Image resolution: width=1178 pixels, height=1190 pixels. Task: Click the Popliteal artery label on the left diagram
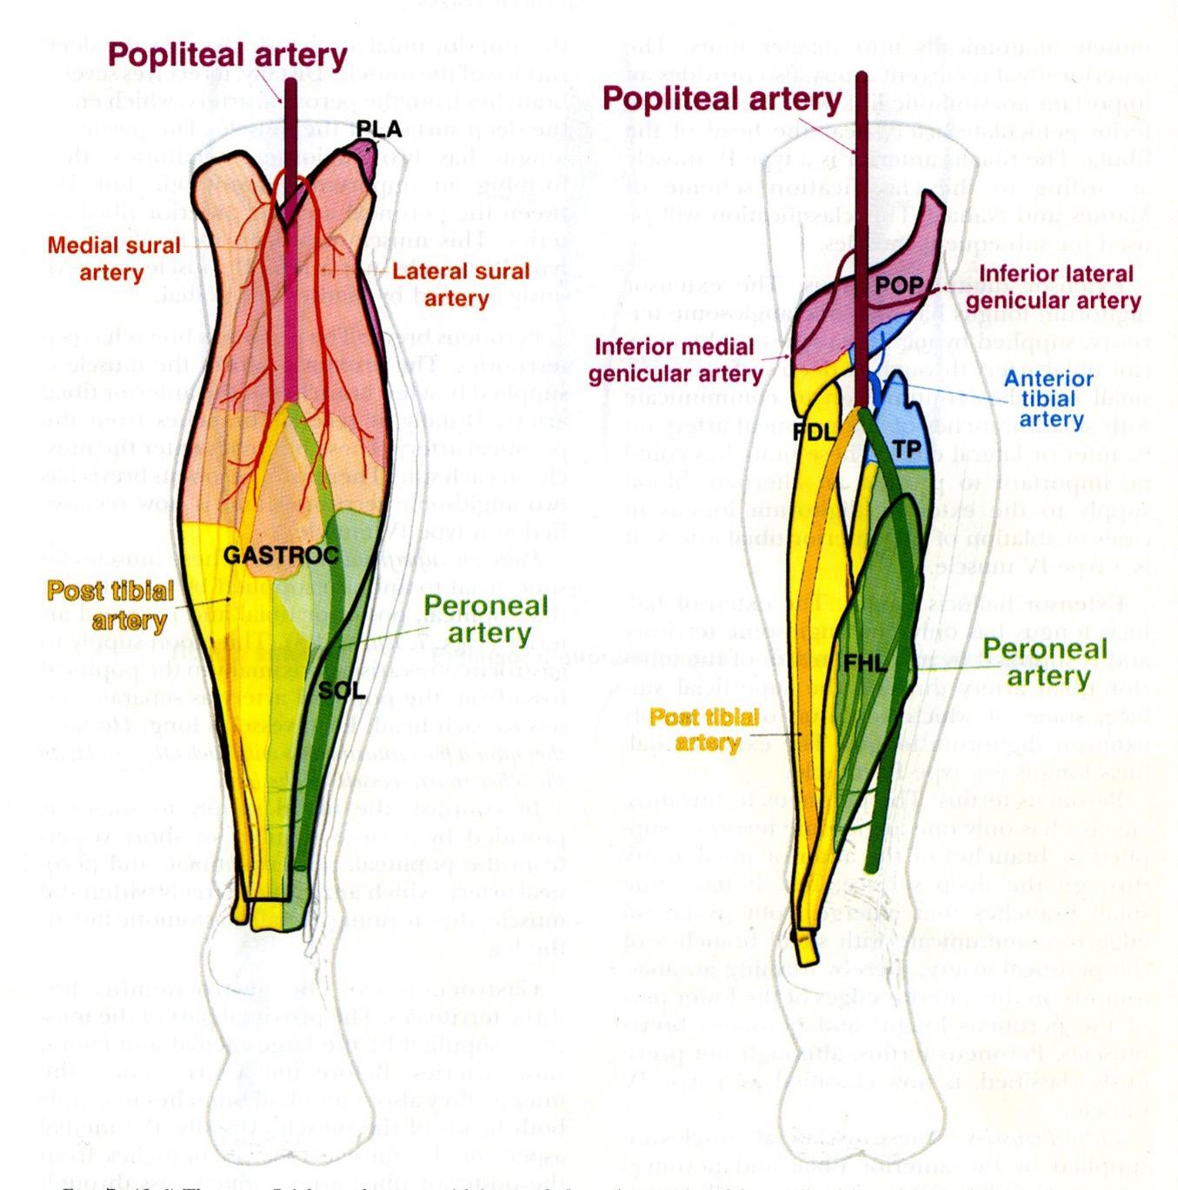point(227,55)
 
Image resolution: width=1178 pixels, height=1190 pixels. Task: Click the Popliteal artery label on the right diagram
point(722,99)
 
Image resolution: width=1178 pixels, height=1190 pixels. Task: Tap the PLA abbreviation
point(378,130)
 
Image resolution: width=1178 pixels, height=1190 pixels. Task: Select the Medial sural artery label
point(113,258)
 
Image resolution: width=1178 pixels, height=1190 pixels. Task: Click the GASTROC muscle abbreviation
point(281,555)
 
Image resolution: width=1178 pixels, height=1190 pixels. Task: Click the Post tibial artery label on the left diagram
point(110,605)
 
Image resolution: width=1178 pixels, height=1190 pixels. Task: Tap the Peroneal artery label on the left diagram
point(485,619)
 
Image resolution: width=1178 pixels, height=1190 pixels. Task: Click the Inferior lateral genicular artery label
point(1052,287)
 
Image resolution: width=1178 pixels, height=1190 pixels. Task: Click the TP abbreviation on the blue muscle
point(906,449)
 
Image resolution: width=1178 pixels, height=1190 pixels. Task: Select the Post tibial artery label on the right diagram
point(705,729)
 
